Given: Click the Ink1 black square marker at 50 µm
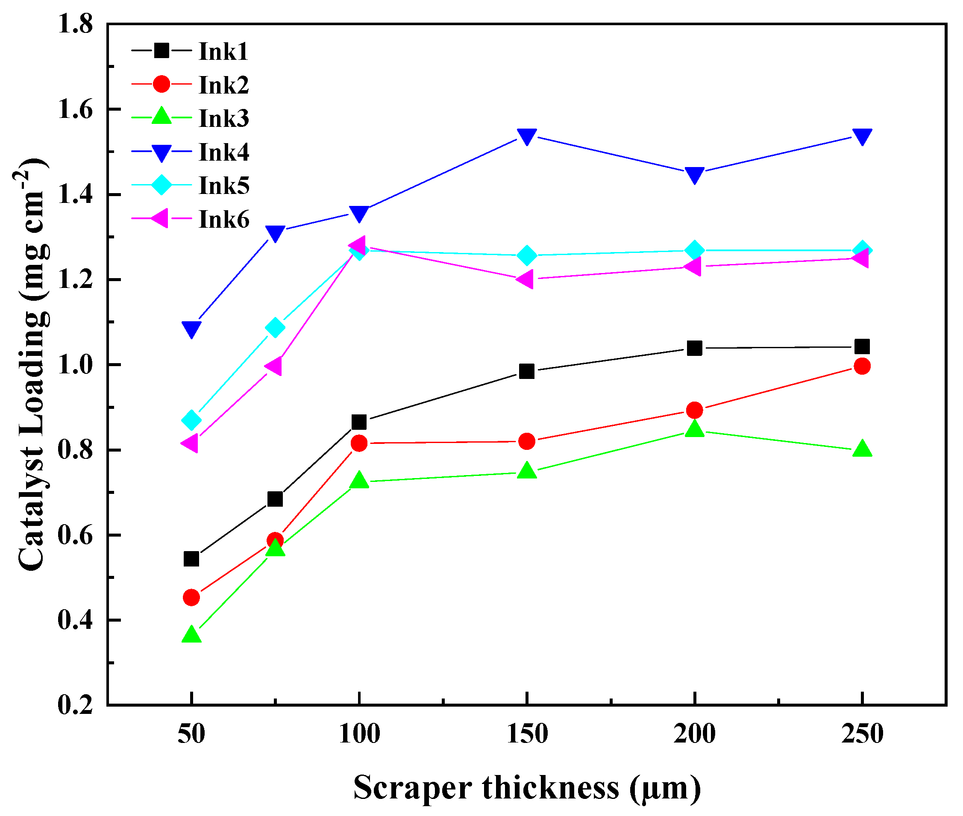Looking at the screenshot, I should click(x=191, y=559).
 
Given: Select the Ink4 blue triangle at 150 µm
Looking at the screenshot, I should click(x=526, y=136).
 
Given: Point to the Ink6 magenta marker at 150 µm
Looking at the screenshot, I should click(x=526, y=279).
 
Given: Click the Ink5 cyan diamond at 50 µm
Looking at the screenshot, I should click(x=191, y=420).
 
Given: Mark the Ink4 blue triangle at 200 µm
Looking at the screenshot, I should click(x=694, y=175).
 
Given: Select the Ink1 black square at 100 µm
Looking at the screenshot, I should click(x=359, y=422).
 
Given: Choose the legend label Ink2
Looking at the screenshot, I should click(x=224, y=85).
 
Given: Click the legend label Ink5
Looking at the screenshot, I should click(x=224, y=185).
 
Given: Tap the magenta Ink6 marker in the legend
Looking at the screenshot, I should click(x=161, y=218).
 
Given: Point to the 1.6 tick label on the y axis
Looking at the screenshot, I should click(x=75, y=110).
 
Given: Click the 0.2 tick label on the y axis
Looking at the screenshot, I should click(x=75, y=705).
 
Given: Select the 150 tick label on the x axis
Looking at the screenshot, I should click(x=527, y=734).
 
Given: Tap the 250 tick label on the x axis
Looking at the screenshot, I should click(x=862, y=734).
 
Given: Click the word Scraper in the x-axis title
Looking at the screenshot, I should click(x=412, y=787).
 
